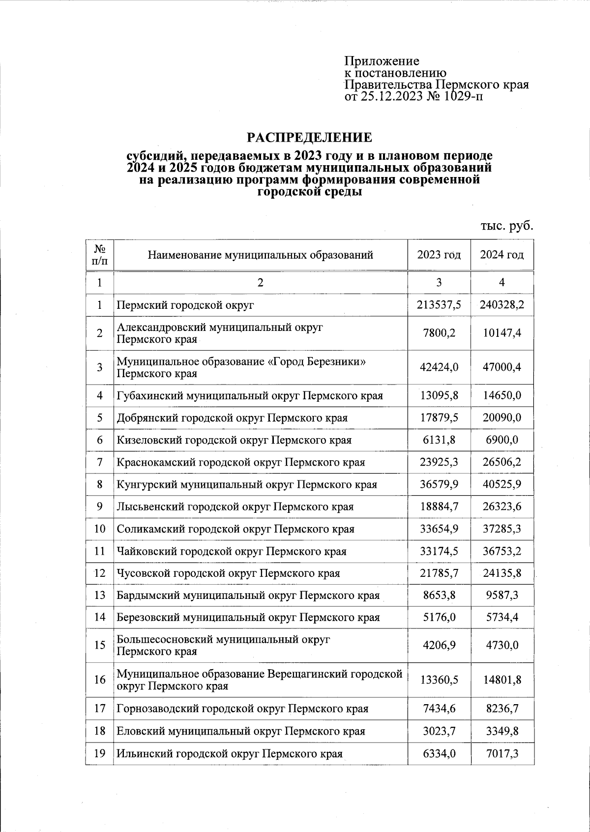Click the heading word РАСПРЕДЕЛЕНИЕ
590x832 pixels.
point(309,137)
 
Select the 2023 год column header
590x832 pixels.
point(439,255)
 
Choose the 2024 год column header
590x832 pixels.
point(502,255)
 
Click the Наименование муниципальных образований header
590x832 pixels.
point(260,255)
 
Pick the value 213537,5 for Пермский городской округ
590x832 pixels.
point(439,305)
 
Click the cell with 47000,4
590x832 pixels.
point(502,367)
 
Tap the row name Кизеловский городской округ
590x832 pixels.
point(234,440)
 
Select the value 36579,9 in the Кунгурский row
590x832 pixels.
point(439,484)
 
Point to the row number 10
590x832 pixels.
point(100,529)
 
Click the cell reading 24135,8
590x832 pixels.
point(502,573)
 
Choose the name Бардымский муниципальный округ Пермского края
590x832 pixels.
point(248,595)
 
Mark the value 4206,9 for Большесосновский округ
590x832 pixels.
point(439,645)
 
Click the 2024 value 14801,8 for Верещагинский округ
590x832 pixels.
point(502,680)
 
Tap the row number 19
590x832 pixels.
point(100,753)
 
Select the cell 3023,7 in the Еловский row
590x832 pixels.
point(439,731)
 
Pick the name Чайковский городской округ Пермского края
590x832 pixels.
point(231,551)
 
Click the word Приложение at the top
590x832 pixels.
point(382,61)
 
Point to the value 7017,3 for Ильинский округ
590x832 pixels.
point(502,753)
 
